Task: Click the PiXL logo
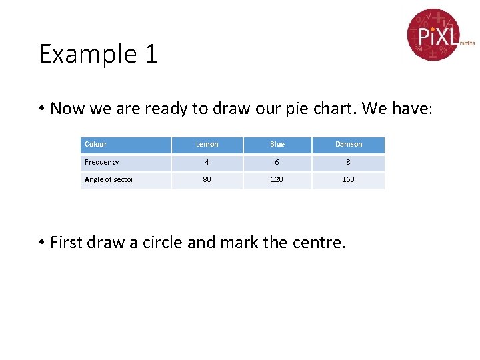(x=433, y=34)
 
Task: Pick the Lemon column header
(x=207, y=144)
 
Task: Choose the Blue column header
(x=277, y=144)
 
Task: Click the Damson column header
(x=349, y=144)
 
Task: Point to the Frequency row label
(x=102, y=162)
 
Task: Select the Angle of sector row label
(x=109, y=179)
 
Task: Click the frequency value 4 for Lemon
(x=207, y=162)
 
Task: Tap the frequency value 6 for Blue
(x=277, y=162)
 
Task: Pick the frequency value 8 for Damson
(x=349, y=162)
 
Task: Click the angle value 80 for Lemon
(x=207, y=179)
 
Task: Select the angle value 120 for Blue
(x=277, y=179)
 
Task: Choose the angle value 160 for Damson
(x=349, y=179)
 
